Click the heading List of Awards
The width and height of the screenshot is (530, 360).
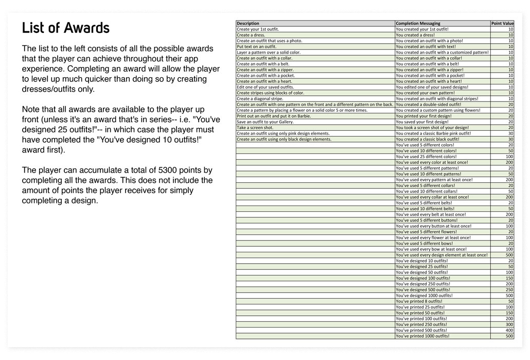click(66, 27)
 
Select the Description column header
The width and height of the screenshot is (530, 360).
click(248, 24)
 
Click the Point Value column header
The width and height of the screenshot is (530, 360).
click(502, 24)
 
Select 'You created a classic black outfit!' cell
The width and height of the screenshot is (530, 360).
click(427, 140)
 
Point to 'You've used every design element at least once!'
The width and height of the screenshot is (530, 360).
click(441, 255)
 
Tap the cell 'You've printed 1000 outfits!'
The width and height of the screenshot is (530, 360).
click(422, 336)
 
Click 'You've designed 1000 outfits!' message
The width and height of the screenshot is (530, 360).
click(425, 296)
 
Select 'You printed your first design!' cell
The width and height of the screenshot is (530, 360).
click(423, 116)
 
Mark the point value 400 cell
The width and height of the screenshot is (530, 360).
click(509, 331)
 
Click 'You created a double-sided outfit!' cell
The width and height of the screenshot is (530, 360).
click(428, 105)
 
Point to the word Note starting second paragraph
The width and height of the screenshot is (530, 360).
click(31, 110)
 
